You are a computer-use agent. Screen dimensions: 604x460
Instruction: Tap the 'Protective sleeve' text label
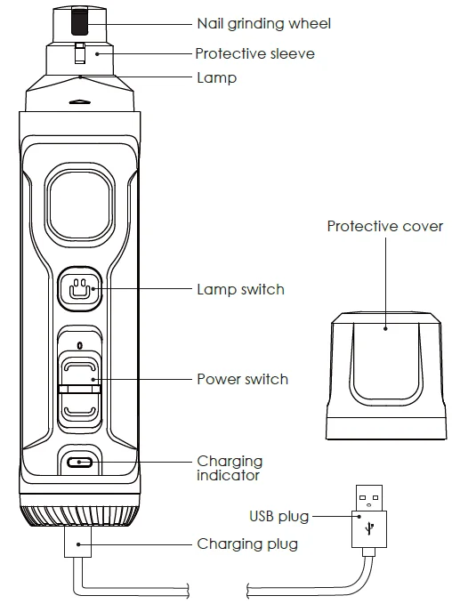(x=254, y=53)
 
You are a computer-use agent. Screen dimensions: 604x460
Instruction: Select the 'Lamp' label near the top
(x=216, y=78)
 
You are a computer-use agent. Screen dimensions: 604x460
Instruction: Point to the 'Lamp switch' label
(x=240, y=289)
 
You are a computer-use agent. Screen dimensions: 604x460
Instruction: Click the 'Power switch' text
(x=242, y=379)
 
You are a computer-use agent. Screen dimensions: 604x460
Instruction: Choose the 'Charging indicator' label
(x=230, y=468)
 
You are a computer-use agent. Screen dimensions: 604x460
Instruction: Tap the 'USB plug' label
(x=278, y=516)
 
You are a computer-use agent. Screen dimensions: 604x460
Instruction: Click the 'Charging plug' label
(x=247, y=544)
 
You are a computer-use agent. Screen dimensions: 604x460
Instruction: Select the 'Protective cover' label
(x=384, y=226)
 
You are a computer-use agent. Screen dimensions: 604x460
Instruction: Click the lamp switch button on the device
(x=80, y=288)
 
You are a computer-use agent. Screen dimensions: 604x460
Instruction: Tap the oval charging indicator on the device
(x=80, y=463)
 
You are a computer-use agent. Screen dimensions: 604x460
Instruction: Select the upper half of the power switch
(x=80, y=369)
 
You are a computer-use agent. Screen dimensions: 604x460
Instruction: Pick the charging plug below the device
(x=79, y=545)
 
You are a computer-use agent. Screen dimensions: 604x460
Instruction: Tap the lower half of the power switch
(x=80, y=407)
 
